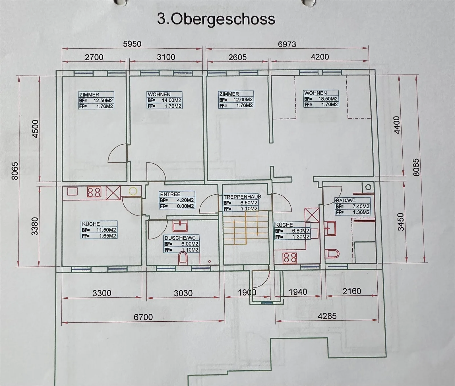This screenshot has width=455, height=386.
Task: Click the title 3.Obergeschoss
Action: pos(216,19)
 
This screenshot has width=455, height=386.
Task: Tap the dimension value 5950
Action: pos(132,44)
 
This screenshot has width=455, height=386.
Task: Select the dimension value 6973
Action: pos(287,44)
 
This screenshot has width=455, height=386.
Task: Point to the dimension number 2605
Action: pos(237,57)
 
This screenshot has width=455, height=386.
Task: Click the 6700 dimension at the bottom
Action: pos(143,317)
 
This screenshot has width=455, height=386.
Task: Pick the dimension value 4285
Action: pos(327,316)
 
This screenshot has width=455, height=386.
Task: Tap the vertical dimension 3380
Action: pos(35,226)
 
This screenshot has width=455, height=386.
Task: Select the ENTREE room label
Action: pos(170,194)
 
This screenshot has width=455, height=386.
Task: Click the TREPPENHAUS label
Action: pos(242,197)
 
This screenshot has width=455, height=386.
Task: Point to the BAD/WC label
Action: pos(346,200)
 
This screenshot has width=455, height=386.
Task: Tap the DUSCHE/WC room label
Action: pos(180,238)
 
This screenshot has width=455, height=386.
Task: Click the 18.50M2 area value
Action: pos(328,99)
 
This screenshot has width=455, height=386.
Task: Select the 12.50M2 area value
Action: pos(103,100)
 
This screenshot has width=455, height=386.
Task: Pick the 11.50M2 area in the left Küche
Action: pos(106,230)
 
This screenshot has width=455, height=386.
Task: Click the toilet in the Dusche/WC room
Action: pos(183,258)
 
